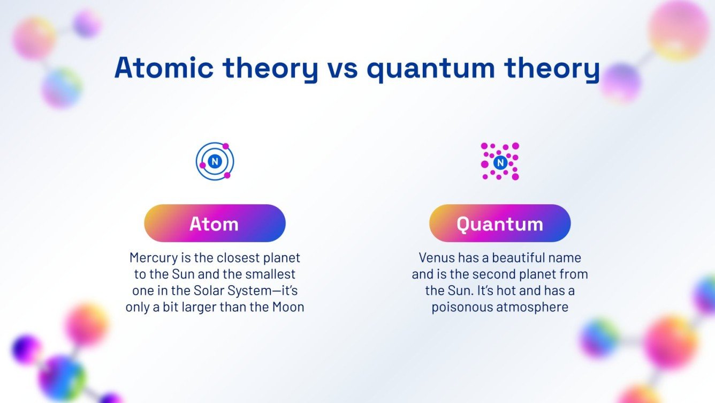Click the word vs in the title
[x=339, y=68]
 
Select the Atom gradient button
[x=215, y=223]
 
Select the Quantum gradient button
[x=500, y=223]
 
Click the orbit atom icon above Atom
[x=215, y=161]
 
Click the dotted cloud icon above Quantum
[x=500, y=161]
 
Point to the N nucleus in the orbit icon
[x=215, y=161]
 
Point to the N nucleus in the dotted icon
[x=500, y=162]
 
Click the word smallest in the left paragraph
[x=273, y=274]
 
